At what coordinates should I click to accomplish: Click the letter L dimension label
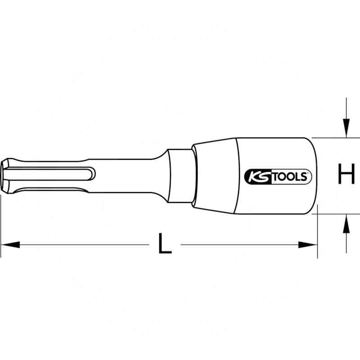165,245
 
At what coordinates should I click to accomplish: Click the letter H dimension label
346,175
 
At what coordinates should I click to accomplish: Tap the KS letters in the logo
256,176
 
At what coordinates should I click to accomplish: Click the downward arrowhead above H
346,128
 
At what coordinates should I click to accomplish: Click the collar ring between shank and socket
180,176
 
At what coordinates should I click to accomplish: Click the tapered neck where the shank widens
160,176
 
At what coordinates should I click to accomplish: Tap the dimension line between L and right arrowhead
238,245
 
